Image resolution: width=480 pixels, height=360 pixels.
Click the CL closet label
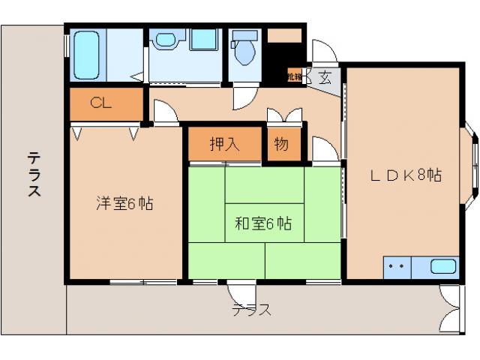coord(101,103)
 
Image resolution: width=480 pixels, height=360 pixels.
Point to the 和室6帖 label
coord(262,223)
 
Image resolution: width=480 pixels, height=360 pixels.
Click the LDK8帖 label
coord(404,175)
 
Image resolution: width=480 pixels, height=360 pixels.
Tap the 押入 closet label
coord(224,145)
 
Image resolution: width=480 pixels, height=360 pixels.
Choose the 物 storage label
coord(281,145)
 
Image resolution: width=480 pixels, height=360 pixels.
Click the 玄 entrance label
coord(325,76)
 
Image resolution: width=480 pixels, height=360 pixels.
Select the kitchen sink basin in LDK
coord(442,266)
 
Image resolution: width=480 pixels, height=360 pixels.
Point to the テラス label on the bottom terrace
coord(250,309)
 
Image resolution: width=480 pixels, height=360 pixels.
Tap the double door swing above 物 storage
coord(285,117)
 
